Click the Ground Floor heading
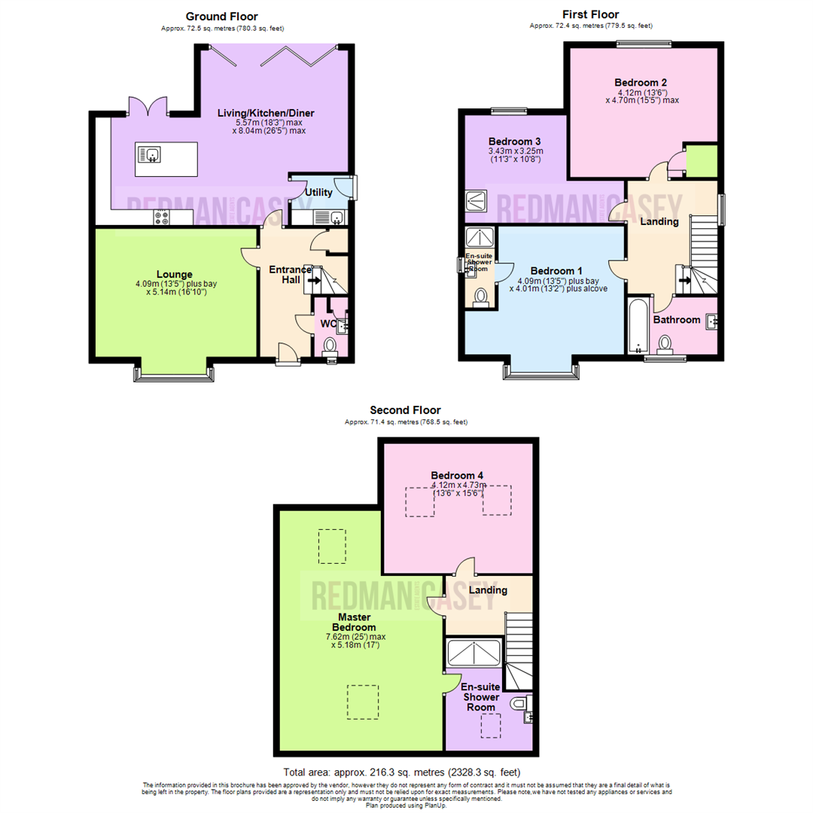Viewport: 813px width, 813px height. tap(221, 16)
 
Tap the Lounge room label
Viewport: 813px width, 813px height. tap(175, 274)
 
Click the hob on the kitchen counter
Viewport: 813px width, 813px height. tap(162, 217)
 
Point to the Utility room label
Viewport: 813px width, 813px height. tap(318, 193)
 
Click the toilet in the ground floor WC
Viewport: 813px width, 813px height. tap(330, 346)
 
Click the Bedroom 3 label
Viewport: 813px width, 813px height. tap(514, 142)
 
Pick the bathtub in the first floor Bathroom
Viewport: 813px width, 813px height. tap(638, 324)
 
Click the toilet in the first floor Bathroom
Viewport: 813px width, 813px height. tap(665, 343)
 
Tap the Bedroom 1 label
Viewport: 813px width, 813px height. tap(556, 271)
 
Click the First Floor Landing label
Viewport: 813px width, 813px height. tap(659, 221)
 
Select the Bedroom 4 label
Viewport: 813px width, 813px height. tap(457, 475)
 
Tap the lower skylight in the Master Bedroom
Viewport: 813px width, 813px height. tap(362, 702)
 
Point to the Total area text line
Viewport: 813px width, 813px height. tap(401, 772)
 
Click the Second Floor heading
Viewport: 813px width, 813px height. tap(405, 410)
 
